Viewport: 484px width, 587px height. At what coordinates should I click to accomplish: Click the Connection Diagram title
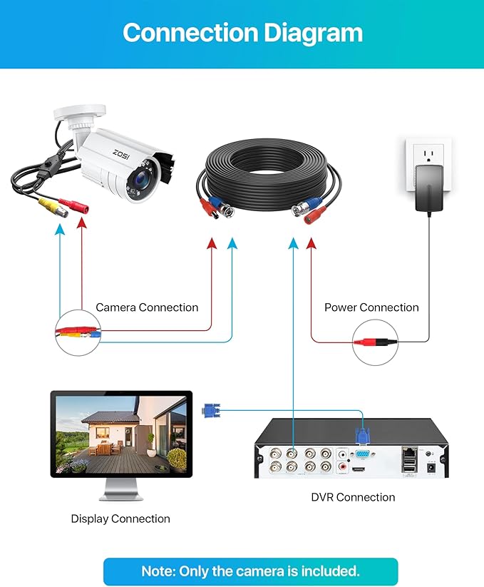(242, 33)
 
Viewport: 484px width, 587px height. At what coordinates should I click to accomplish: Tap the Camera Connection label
(147, 307)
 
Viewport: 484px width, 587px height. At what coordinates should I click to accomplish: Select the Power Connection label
(371, 307)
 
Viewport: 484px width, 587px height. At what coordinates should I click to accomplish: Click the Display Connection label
(120, 519)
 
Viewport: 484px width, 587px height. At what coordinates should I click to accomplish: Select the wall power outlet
(425, 157)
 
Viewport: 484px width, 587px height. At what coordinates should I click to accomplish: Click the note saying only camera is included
(250, 571)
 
